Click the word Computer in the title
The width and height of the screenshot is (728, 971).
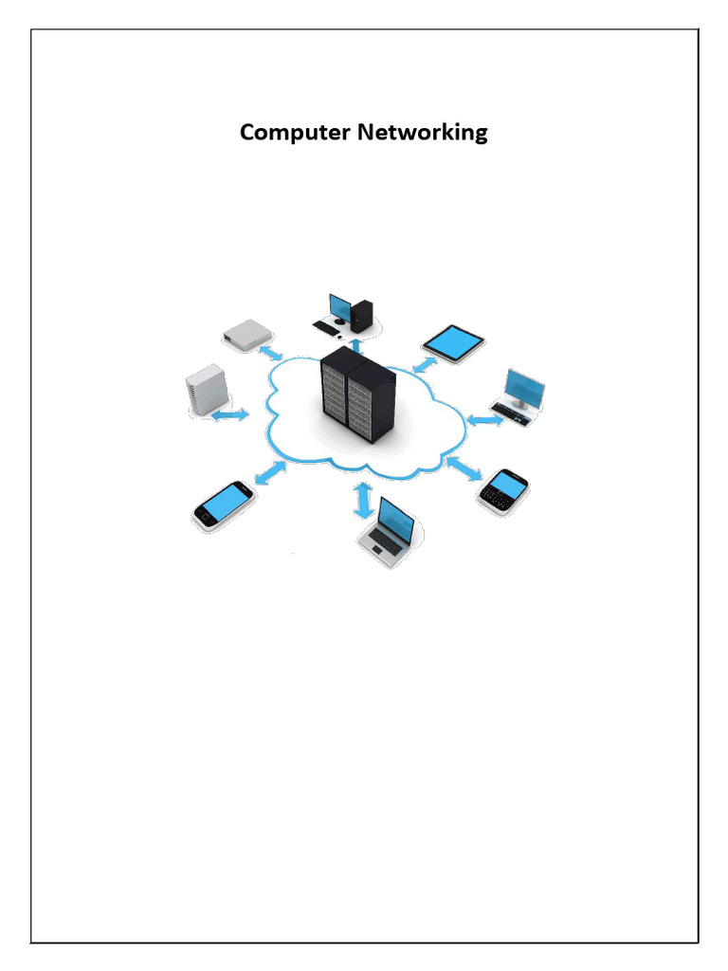click(295, 133)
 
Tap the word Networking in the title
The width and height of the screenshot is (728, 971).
click(422, 133)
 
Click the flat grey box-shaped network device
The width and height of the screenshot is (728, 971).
click(248, 333)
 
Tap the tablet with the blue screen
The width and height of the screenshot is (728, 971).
click(453, 341)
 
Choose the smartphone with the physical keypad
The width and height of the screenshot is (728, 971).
click(503, 490)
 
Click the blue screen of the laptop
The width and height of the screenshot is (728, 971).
click(396, 520)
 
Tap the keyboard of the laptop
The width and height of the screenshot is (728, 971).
click(384, 543)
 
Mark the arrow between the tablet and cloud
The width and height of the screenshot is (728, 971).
click(424, 364)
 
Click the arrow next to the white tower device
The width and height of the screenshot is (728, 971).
click(230, 415)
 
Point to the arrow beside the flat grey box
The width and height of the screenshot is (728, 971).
click(271, 353)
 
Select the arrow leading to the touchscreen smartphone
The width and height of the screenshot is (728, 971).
click(271, 472)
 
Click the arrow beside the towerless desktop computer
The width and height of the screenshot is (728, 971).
click(484, 418)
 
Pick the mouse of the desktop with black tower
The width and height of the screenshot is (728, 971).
click(340, 336)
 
